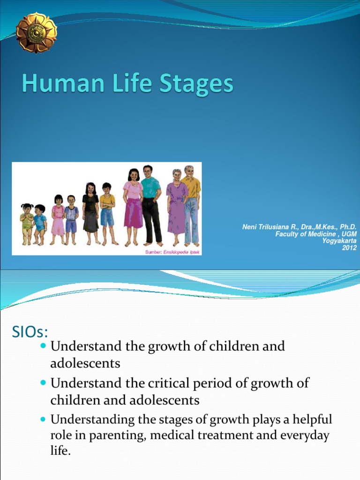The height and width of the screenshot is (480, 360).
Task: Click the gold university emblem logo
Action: [x=36, y=32]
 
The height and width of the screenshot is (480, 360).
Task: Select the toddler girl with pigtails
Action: [x=27, y=223]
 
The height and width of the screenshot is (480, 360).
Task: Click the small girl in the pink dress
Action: [x=58, y=218]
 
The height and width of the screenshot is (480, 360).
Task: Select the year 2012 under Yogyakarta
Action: [x=349, y=247]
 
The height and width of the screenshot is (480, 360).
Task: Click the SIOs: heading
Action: [x=30, y=332]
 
